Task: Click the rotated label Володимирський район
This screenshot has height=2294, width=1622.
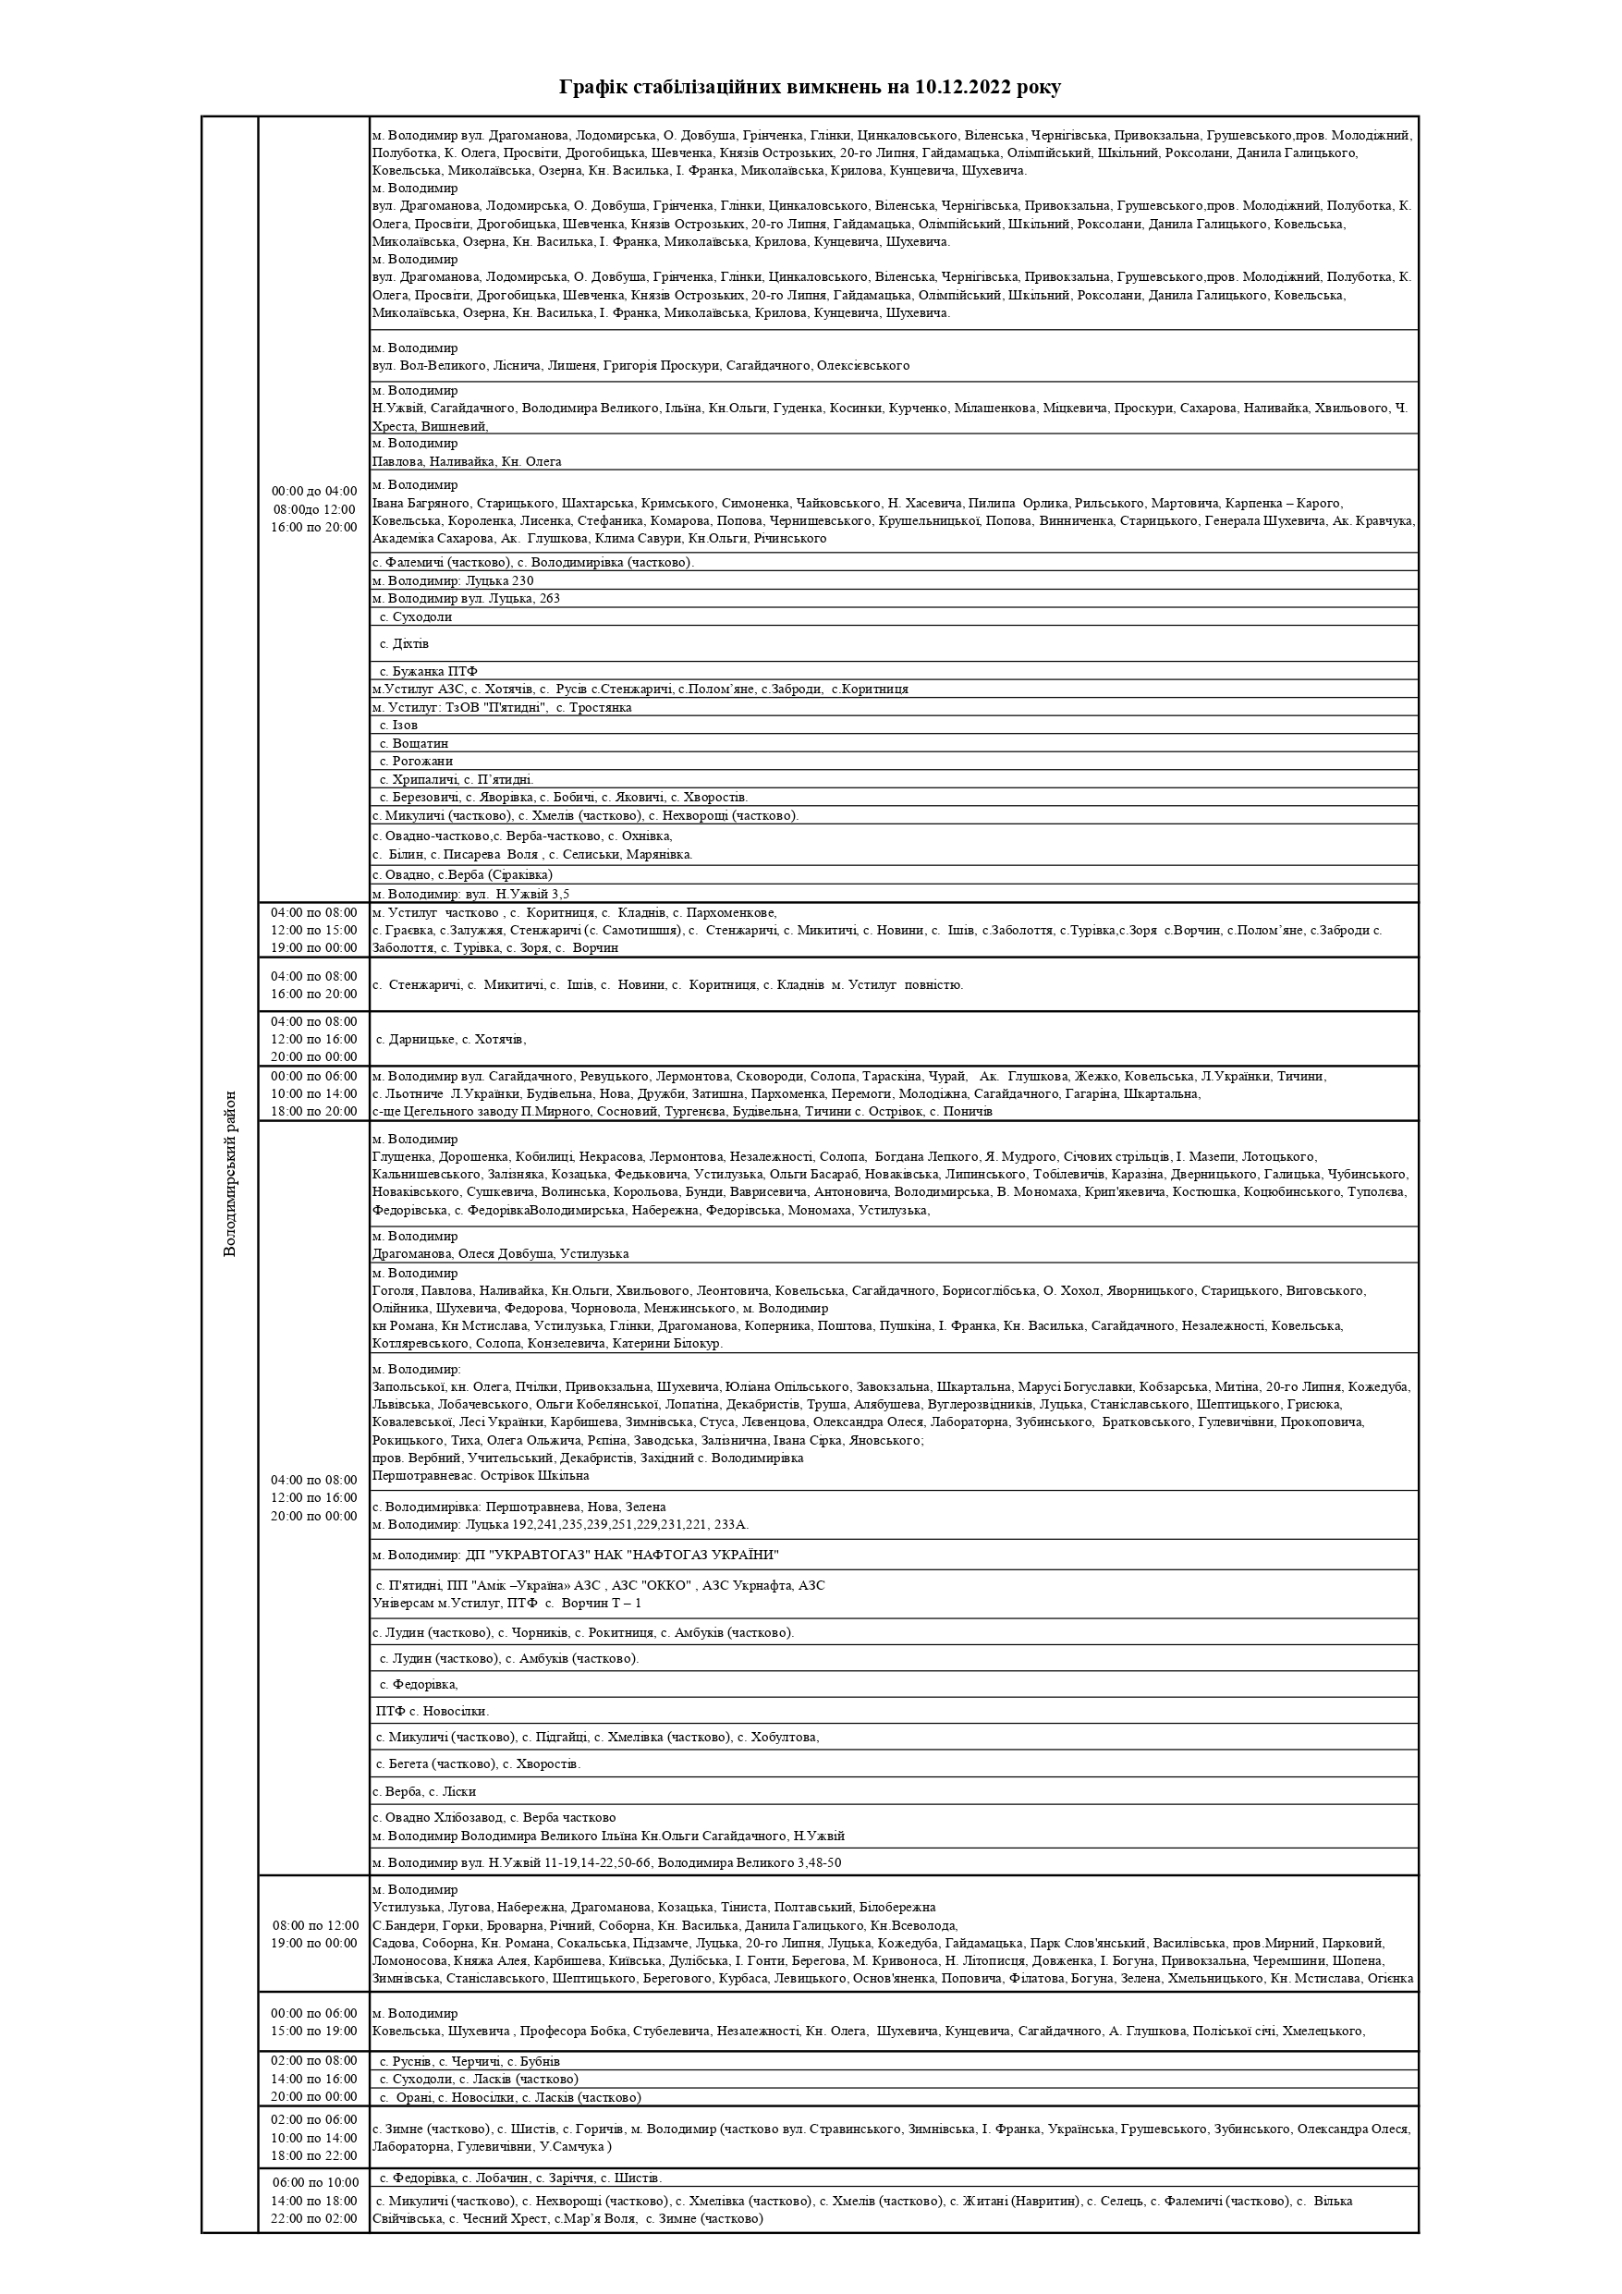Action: pos(230,1174)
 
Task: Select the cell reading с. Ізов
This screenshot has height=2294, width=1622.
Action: pos(397,726)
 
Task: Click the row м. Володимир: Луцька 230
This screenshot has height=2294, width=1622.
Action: pos(453,581)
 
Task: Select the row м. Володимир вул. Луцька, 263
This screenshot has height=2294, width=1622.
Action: pos(466,600)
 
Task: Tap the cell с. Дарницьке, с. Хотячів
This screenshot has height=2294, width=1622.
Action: pos(451,1039)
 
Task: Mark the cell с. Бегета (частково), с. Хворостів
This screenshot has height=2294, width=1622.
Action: pos(478,1763)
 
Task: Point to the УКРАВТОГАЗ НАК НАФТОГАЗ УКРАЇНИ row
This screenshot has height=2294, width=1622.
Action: pos(575,1556)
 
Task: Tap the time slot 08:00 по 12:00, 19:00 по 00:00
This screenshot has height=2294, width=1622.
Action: pos(314,1934)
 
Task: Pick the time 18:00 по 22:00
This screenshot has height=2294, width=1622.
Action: pos(314,2156)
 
